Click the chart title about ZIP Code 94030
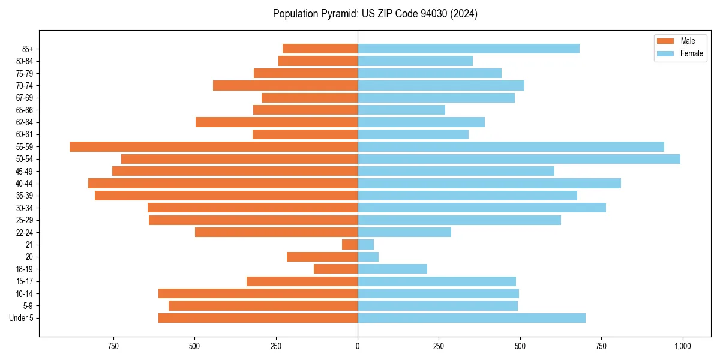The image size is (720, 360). tap(375, 14)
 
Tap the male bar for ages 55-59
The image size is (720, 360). tap(214, 146)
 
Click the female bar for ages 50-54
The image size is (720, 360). tap(519, 159)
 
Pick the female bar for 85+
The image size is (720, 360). tap(469, 49)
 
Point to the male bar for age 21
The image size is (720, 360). tap(350, 245)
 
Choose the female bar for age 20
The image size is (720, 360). tap(368, 257)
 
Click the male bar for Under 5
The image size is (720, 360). tap(258, 318)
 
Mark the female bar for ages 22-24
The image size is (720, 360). tap(404, 232)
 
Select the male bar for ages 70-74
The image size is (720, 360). tap(285, 85)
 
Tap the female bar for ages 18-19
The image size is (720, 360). tap(392, 269)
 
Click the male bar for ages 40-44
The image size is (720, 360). tap(223, 183)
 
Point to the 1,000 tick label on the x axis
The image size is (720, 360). tap(683, 346)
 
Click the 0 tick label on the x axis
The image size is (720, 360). tap(358, 346)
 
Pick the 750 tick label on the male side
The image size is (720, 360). tap(113, 346)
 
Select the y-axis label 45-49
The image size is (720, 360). tap(25, 171)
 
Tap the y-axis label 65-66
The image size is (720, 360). tap(25, 110)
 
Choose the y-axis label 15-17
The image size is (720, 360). tap(25, 281)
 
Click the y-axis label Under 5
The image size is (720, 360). tap(22, 318)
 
